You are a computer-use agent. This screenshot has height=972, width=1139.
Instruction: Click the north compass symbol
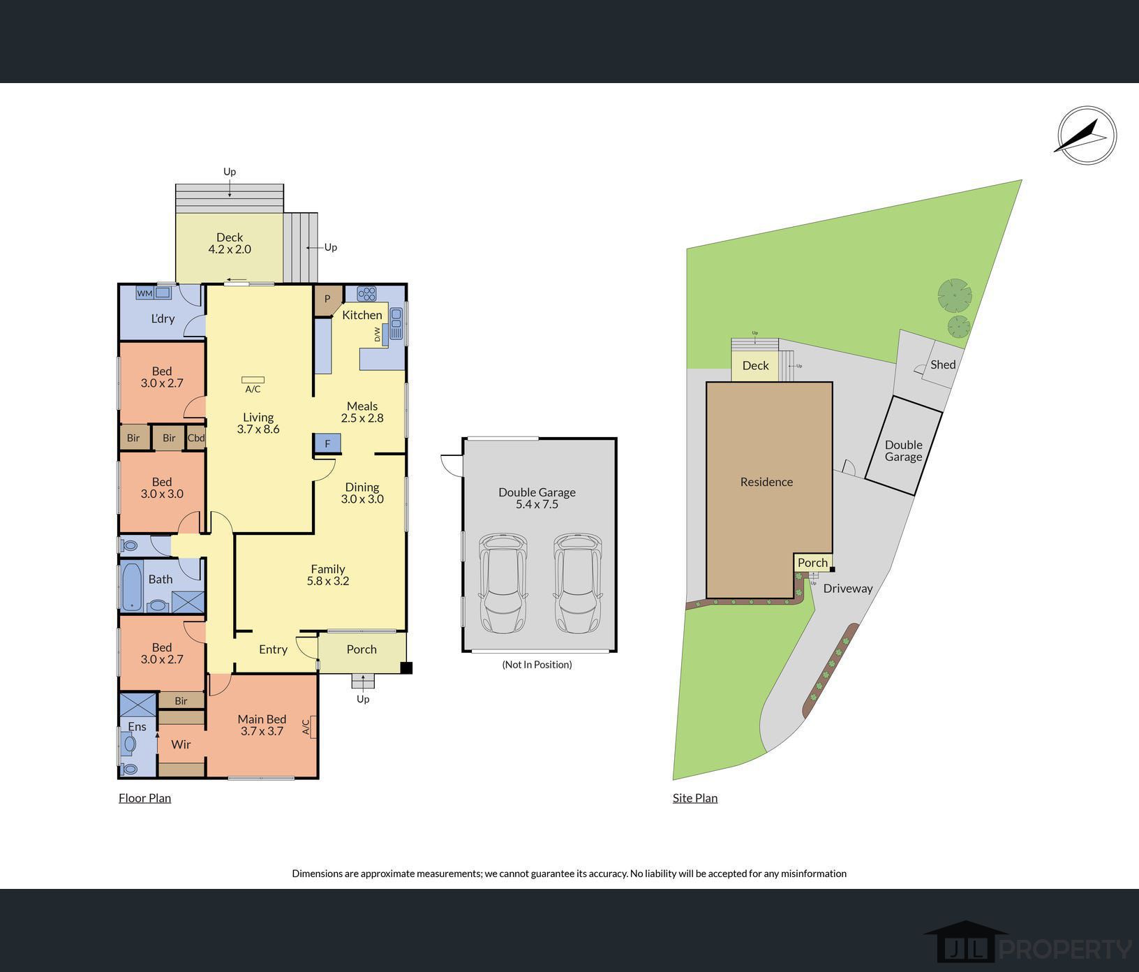click(x=1087, y=135)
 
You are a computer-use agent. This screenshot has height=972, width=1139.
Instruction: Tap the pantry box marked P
click(x=327, y=300)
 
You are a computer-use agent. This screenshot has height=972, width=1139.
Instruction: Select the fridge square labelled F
click(x=327, y=443)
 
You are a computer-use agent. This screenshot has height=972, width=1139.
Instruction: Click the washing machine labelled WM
click(x=144, y=293)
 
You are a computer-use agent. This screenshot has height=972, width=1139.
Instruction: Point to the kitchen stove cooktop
click(x=366, y=293)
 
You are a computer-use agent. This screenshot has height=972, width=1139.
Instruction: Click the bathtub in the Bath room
click(x=132, y=586)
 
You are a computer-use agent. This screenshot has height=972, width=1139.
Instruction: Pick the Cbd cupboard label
click(x=196, y=439)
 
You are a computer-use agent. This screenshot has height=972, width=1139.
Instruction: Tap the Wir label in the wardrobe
click(x=181, y=744)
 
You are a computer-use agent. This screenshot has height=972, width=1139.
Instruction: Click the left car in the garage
click(x=502, y=584)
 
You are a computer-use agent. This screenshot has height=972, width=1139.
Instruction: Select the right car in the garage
click(x=578, y=584)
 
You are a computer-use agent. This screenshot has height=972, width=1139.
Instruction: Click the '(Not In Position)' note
click(x=537, y=665)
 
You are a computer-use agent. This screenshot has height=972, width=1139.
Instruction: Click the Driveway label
click(x=848, y=589)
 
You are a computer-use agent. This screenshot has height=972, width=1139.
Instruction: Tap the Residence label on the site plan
click(x=766, y=482)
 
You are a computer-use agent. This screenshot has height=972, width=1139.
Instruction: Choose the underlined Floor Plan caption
click(x=144, y=798)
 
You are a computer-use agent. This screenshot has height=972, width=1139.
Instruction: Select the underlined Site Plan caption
click(x=695, y=798)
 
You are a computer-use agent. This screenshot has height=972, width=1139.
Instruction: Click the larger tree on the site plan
click(x=954, y=295)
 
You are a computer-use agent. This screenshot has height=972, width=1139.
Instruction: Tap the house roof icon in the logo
click(x=966, y=929)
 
